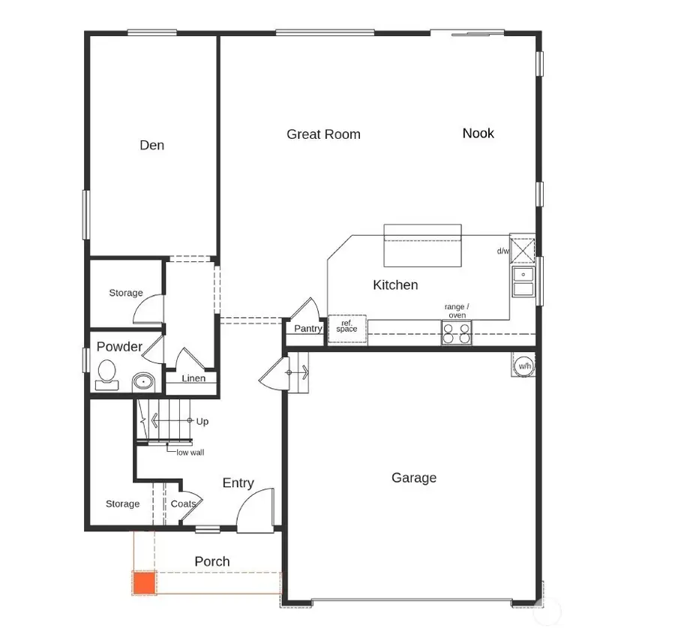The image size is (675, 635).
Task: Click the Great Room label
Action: [x=323, y=134]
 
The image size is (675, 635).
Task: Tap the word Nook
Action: [x=478, y=133]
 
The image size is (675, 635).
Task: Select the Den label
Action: [x=151, y=145]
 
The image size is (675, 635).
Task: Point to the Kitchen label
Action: [x=395, y=284]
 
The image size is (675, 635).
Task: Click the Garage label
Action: [x=413, y=477]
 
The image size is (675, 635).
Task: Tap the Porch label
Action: [x=212, y=561]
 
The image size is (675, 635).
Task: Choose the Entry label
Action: [x=238, y=483]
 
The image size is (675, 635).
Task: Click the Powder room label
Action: [x=119, y=347]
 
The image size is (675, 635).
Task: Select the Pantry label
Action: [x=308, y=329]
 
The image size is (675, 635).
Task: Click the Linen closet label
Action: [x=193, y=378]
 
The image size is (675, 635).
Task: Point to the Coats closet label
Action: [x=184, y=504]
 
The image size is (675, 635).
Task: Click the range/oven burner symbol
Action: [x=457, y=333]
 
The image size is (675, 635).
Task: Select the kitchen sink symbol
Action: [x=523, y=281]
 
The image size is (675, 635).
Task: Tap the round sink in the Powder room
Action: [x=142, y=382]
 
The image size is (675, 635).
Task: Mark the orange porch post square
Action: [x=143, y=582]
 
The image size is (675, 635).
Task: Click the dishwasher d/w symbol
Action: [x=522, y=248]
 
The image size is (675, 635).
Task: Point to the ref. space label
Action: [x=347, y=326]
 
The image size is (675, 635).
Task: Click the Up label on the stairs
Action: [x=202, y=422]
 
